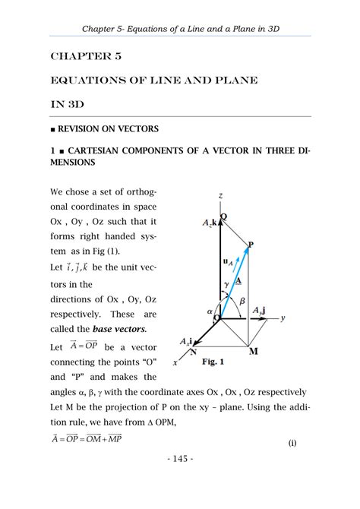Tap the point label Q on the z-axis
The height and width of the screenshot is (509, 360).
pos(223,217)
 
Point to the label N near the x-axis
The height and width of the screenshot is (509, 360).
pos(193,352)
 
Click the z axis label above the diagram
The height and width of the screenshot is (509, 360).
pos(220,196)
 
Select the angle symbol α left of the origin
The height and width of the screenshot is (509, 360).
pos(209,311)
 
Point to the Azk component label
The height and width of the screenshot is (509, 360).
pos(210,223)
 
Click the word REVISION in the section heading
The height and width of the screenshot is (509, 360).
pos(81,129)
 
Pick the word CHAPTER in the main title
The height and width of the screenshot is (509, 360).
pos(77,56)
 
